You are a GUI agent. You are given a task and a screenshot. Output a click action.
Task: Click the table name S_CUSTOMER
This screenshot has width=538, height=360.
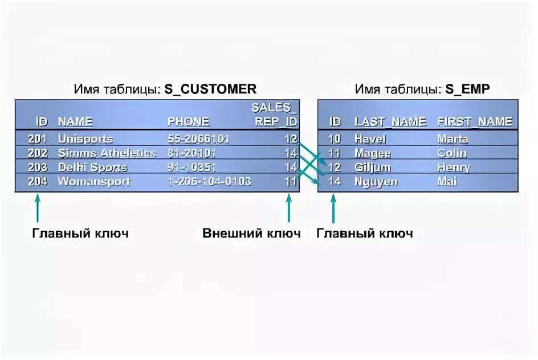(210, 89)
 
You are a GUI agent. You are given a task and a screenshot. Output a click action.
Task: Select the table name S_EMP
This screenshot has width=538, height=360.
(467, 89)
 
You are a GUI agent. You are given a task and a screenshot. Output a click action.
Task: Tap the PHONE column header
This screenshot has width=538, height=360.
(188, 121)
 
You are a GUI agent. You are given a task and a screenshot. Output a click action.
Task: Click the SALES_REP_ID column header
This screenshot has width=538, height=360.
(275, 114)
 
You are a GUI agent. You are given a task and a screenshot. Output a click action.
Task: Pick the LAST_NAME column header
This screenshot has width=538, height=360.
(390, 121)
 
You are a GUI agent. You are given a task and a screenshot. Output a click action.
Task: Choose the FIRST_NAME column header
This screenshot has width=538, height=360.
(475, 121)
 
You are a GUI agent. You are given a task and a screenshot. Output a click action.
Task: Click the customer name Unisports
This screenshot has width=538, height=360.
(85, 138)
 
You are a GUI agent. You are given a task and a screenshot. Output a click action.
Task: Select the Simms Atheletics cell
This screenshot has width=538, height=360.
(107, 153)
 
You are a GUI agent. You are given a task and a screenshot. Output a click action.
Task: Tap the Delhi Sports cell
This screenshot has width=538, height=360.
(92, 167)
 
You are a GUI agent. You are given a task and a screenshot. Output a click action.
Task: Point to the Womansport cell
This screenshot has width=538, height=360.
(94, 182)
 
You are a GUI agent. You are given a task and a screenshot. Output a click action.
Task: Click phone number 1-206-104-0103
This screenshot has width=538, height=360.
(209, 182)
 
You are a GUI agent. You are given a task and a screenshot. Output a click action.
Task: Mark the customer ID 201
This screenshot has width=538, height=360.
(37, 138)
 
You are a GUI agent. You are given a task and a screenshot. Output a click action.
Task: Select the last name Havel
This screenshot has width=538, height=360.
(370, 138)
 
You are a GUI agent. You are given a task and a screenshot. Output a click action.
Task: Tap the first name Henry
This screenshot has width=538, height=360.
(453, 167)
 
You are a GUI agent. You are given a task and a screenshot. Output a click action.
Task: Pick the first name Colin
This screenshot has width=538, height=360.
(451, 153)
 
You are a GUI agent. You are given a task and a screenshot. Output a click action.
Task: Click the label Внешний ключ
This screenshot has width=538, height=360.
(251, 234)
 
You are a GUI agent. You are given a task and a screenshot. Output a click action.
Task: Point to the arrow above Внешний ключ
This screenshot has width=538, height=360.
(290, 208)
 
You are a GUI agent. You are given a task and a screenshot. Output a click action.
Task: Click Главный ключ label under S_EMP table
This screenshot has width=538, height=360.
(365, 234)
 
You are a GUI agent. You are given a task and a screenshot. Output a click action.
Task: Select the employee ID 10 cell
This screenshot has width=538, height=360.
(335, 138)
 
